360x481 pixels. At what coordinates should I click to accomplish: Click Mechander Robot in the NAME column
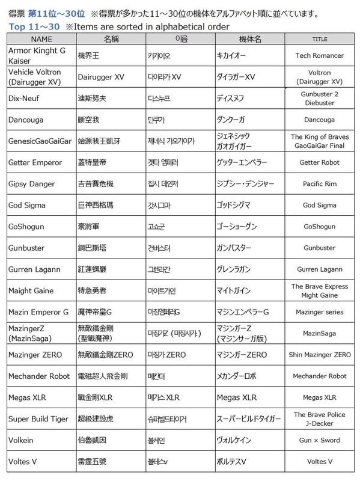38,376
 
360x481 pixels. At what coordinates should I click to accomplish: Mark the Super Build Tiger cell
38,418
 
